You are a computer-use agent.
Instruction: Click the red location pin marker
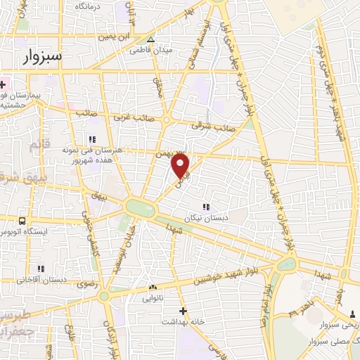(x=181, y=165)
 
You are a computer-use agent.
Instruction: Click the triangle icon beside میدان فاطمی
(x=150, y=39)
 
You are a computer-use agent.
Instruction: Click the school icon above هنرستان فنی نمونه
(x=91, y=139)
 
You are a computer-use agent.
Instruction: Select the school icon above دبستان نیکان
(x=206, y=207)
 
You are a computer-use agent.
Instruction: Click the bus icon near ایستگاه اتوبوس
(x=22, y=220)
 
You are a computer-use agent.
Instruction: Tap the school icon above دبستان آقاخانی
(x=40, y=268)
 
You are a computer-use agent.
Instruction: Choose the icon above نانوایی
(x=153, y=287)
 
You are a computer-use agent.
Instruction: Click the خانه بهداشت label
(x=184, y=321)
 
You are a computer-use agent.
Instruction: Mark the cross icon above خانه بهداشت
(x=183, y=310)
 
